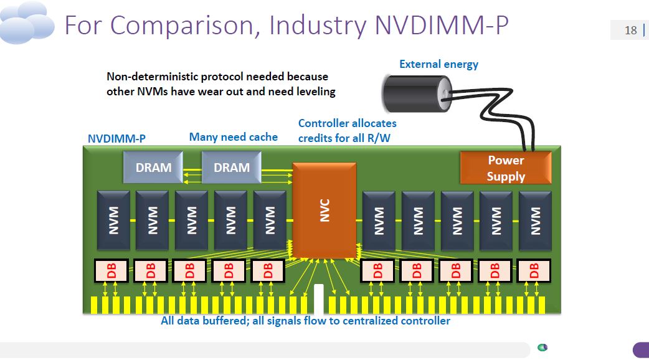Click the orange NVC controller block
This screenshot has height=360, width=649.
coord(324,210)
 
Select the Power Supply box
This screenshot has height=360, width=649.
coord(506,168)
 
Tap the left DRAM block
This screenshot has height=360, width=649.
coord(153,168)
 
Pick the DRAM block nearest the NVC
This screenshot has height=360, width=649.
coord(232,168)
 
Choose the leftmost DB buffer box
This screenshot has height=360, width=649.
coord(111,270)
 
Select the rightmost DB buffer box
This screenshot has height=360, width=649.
coord(534,270)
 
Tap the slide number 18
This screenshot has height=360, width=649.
coord(630,30)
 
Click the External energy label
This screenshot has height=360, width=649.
coord(438,64)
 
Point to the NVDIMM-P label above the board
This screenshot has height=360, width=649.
coord(116,138)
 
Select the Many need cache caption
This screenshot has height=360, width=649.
coord(234,137)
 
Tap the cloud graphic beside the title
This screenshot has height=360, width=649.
coord(29,22)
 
